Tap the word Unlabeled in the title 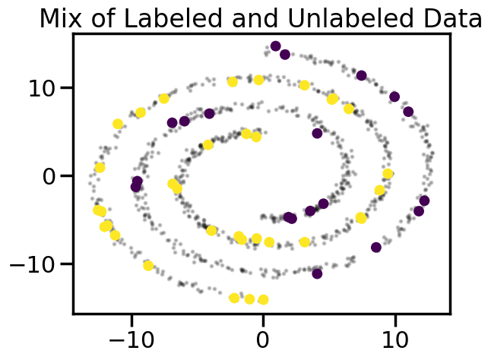(312, 17)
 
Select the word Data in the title (451, 17)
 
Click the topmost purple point (276, 46)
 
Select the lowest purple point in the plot (317, 273)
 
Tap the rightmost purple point (424, 201)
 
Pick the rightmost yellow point (388, 174)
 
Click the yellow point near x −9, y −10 (148, 266)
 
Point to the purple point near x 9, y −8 (376, 247)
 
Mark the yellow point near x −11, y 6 (118, 124)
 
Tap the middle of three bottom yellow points (249, 299)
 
